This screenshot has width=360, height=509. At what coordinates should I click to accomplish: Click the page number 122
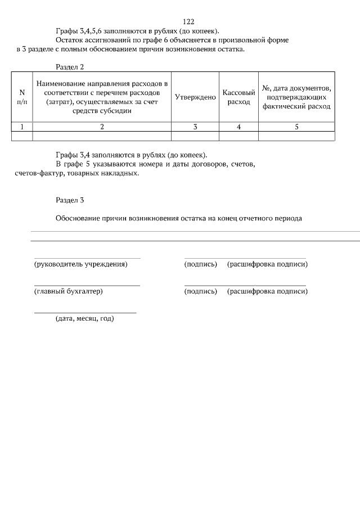(x=188, y=22)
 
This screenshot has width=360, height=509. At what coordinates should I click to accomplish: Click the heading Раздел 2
(x=70, y=67)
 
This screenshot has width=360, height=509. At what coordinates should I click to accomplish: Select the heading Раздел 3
(x=70, y=200)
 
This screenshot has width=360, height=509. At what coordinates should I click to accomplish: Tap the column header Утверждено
(x=195, y=97)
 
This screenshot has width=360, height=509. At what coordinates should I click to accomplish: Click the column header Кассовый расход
(x=239, y=97)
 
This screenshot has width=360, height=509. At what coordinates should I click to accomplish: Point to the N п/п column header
(x=22, y=97)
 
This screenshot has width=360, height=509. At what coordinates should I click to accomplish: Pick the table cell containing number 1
(x=22, y=127)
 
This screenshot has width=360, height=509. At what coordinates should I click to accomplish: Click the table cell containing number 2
(x=102, y=127)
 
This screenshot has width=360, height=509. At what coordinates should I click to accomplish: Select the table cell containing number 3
(x=195, y=127)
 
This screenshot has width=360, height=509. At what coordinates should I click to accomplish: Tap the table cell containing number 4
(x=239, y=127)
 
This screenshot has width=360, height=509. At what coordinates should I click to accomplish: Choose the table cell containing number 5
(x=296, y=127)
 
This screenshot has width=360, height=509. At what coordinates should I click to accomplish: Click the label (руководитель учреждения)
(x=81, y=264)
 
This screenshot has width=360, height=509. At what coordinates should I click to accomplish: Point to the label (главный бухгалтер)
(x=69, y=291)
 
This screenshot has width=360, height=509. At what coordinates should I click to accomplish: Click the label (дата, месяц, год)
(x=84, y=319)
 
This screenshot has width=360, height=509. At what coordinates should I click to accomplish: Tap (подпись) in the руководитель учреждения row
(x=201, y=264)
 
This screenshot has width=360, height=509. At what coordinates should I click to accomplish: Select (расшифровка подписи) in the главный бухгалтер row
(x=267, y=291)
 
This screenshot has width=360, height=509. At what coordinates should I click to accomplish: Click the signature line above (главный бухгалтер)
(x=87, y=286)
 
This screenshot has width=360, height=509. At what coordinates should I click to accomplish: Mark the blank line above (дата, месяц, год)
(x=85, y=312)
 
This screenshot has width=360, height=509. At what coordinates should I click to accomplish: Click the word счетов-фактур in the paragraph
(x=38, y=173)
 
